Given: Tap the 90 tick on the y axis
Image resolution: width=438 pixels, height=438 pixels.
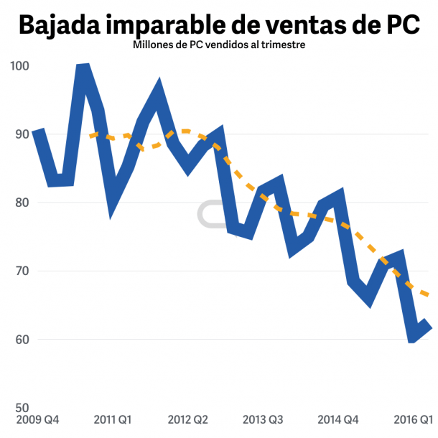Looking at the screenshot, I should coord(22,134).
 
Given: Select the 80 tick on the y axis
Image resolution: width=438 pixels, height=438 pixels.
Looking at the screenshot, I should coord(22,202).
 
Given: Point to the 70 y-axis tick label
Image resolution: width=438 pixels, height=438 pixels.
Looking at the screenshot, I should coord(22,271).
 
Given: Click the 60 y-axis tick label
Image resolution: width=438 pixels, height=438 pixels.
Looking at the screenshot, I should coord(22,340).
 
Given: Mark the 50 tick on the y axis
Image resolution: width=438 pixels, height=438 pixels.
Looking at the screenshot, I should coord(22,408).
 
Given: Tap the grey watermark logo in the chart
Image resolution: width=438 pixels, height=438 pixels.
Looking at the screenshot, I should coord(212,214).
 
